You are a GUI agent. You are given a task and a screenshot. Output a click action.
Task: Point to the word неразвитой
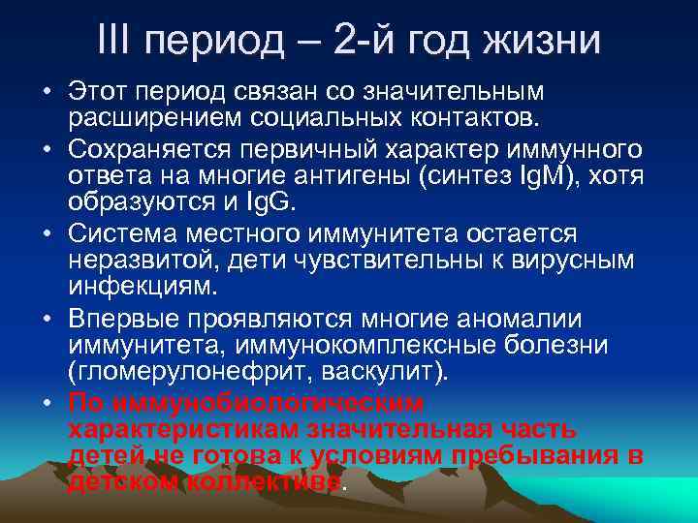(131, 261)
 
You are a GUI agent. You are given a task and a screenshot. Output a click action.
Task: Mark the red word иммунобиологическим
(268, 402)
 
